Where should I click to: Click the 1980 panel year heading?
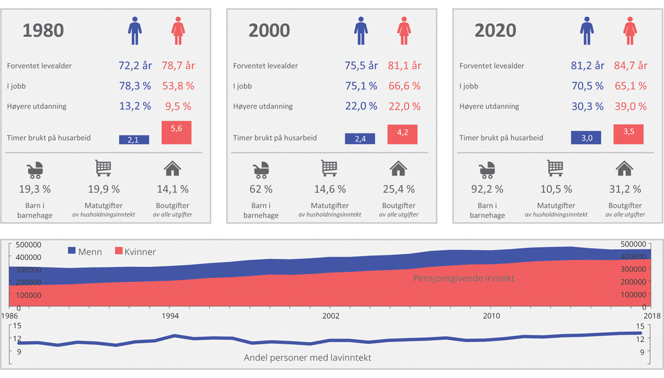43,30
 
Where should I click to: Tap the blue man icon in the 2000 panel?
361,30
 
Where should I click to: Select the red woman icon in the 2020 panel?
630,30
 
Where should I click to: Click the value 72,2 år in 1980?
135,66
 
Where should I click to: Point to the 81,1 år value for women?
404,66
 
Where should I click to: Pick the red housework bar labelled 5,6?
176,133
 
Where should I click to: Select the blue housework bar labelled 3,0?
587,138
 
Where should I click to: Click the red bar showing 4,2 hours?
402,134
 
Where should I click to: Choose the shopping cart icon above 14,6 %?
330,168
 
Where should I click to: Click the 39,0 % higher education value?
630,106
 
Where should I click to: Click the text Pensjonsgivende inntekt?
464,278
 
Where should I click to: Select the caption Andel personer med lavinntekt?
308,358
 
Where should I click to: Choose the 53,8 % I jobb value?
178,86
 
